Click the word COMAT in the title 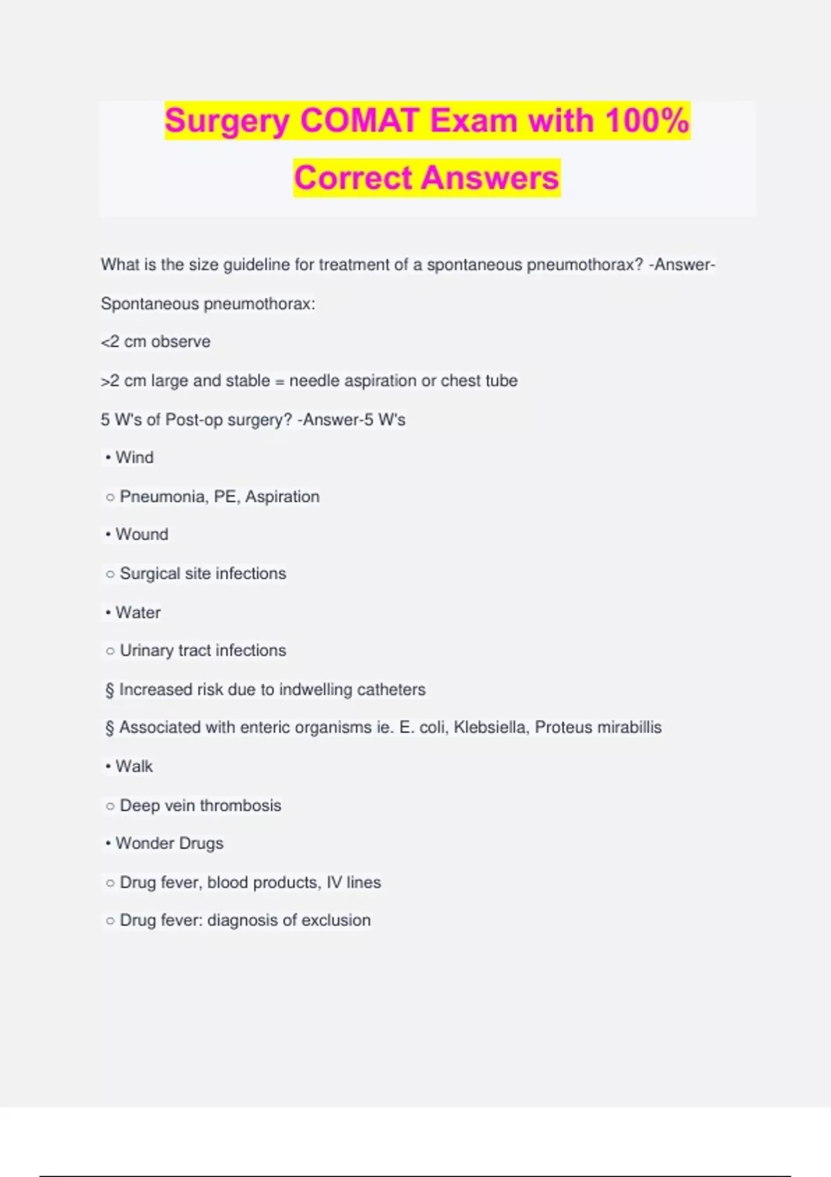point(359,120)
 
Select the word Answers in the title point(490,178)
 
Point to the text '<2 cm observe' point(155,341)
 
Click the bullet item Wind point(134,458)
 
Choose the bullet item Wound point(141,534)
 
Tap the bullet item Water point(138,613)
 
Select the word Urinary point(146,651)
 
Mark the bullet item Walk point(134,766)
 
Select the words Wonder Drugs point(169,843)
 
